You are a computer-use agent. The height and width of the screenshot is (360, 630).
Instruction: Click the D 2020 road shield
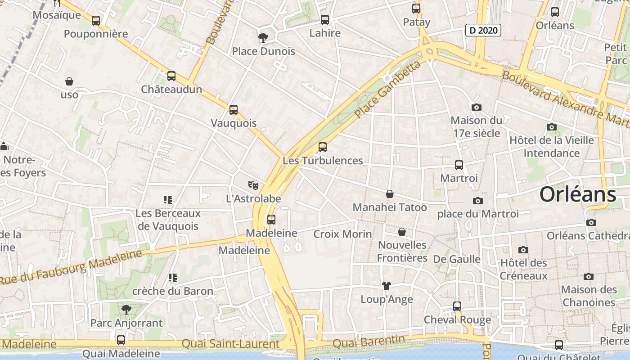click(483, 30)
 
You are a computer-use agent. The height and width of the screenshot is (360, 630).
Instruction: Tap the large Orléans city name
click(577, 194)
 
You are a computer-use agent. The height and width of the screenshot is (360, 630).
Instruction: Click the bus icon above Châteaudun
click(171, 76)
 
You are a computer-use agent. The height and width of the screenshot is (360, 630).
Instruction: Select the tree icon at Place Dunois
click(263, 37)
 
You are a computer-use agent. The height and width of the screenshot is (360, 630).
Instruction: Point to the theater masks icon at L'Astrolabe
click(253, 185)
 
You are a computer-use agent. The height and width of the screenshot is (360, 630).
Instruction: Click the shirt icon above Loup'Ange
click(386, 285)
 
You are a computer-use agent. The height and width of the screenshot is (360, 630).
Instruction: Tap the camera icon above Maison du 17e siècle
click(476, 107)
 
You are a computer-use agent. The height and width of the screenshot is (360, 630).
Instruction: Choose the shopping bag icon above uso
click(69, 81)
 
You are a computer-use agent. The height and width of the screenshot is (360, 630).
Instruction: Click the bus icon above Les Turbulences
click(322, 147)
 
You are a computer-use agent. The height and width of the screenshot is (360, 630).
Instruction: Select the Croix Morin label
click(342, 234)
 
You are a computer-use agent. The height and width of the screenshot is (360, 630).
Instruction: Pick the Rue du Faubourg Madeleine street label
click(71, 266)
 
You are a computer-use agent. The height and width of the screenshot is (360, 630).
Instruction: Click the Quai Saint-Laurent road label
click(230, 344)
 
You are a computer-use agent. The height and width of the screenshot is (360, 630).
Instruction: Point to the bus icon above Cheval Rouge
click(457, 306)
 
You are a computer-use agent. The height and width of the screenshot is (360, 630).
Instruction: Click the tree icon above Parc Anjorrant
click(126, 309)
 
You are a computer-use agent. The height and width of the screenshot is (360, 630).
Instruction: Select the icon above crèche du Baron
click(172, 278)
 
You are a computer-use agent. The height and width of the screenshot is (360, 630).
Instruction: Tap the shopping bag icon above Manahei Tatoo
click(390, 194)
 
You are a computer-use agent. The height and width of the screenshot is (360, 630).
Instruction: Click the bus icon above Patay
click(416, 8)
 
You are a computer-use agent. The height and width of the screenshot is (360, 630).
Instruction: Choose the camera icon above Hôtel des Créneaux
click(523, 250)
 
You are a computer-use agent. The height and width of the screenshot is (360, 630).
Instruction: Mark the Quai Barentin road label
click(369, 342)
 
